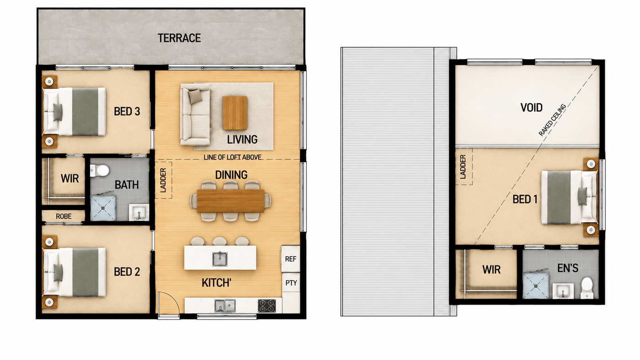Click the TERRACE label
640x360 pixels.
click(x=179, y=38)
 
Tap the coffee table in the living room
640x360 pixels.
click(x=235, y=113)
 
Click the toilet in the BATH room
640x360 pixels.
click(x=100, y=171)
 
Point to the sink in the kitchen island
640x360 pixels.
click(x=220, y=258)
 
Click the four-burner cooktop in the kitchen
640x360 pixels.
click(x=267, y=306)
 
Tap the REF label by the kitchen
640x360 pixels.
click(x=291, y=259)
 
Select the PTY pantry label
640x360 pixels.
click(x=291, y=283)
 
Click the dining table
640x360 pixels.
click(x=230, y=201)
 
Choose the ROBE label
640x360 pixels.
click(x=64, y=216)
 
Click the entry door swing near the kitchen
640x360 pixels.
click(x=169, y=303)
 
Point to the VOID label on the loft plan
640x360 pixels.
click(x=531, y=107)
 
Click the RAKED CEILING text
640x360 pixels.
click(x=552, y=120)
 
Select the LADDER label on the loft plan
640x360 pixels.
click(x=463, y=167)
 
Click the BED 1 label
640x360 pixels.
click(x=525, y=199)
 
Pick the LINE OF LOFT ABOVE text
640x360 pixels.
click(x=232, y=157)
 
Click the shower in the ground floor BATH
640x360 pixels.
click(x=103, y=208)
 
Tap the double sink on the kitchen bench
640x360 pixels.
click(x=225, y=306)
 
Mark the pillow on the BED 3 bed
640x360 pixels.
click(x=58, y=112)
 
